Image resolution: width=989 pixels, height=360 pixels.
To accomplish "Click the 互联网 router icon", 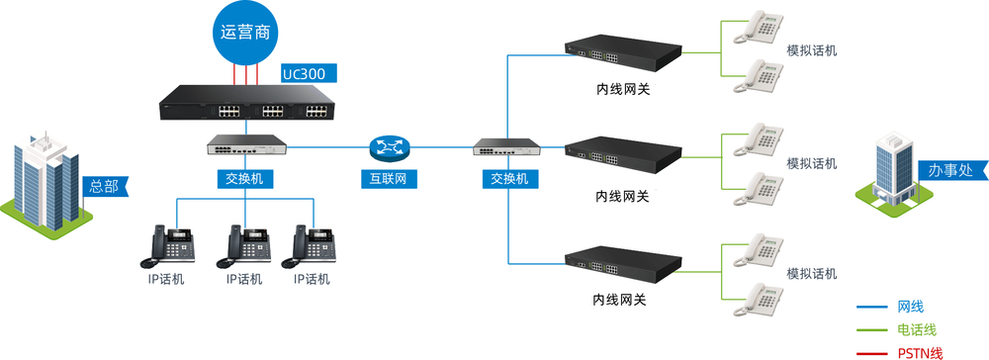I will [x=389, y=149].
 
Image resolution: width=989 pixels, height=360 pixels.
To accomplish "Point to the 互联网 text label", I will [x=389, y=179].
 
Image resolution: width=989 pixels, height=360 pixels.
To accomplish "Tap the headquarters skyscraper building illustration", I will [x=45, y=183].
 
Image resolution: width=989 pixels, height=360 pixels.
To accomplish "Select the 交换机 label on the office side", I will [x=508, y=179].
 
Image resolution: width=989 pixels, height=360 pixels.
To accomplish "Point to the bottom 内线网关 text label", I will [x=620, y=300].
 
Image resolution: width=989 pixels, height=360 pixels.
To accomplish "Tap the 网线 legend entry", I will [x=910, y=308].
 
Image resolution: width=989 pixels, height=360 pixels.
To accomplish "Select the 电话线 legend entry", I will [x=916, y=329].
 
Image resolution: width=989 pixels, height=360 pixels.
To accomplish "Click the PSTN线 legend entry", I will [x=919, y=352].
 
